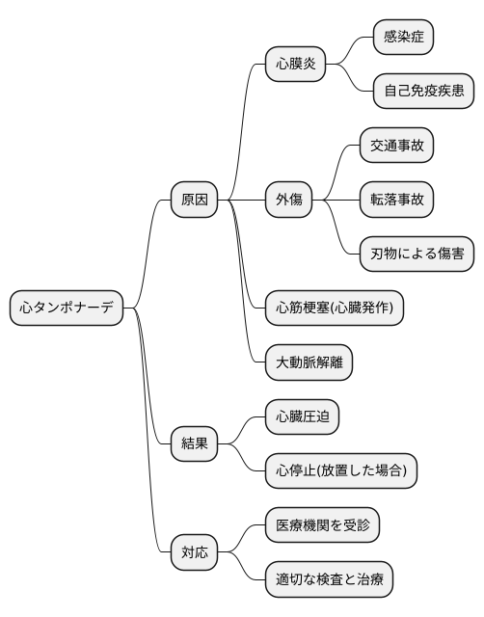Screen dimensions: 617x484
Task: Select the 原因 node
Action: coord(194,201)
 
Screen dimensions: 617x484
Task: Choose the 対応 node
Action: coord(194,553)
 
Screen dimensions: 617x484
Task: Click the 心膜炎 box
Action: coord(295,65)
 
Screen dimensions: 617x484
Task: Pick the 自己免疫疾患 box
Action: coord(420,92)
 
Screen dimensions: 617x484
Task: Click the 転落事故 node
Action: coord(396,201)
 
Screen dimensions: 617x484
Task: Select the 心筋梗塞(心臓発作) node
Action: coord(335,308)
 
